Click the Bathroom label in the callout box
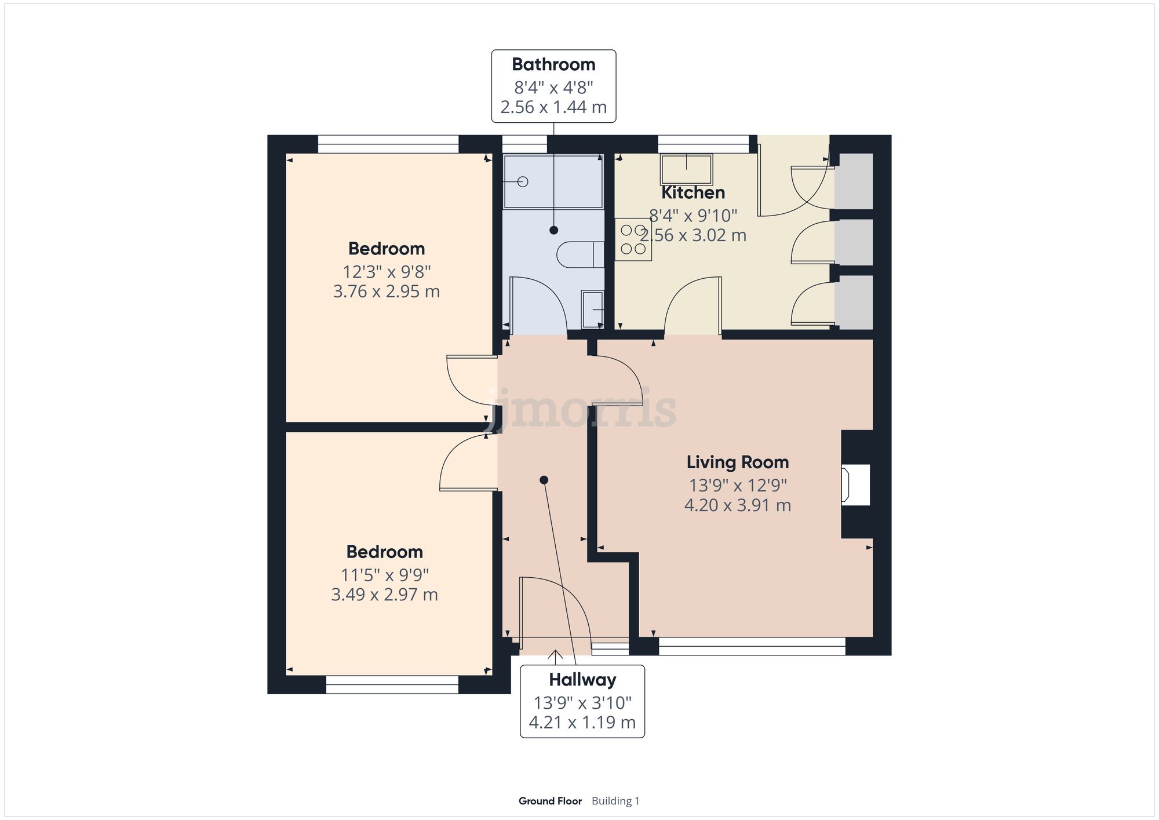pyautogui.click(x=553, y=64)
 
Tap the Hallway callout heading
pyautogui.click(x=582, y=680)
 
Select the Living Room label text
pyautogui.click(x=737, y=462)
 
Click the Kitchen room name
pyautogui.click(x=693, y=192)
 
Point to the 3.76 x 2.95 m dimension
pyautogui.click(x=387, y=291)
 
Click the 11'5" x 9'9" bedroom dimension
pyautogui.click(x=385, y=575)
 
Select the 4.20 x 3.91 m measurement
pyautogui.click(x=737, y=505)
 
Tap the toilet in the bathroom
pyautogui.click(x=580, y=255)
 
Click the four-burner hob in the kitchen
pyautogui.click(x=633, y=239)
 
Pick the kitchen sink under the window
pyautogui.click(x=686, y=169)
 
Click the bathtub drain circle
pyautogui.click(x=523, y=182)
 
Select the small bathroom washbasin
pyautogui.click(x=592, y=309)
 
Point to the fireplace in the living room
pyautogui.click(x=856, y=484)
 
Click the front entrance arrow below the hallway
pyautogui.click(x=555, y=657)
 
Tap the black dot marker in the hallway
pyautogui.click(x=544, y=480)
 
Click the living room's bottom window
pyautogui.click(x=752, y=646)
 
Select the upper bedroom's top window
pyautogui.click(x=388, y=144)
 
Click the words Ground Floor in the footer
pyautogui.click(x=549, y=801)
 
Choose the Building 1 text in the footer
pyautogui.click(x=615, y=801)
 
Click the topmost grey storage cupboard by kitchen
pyautogui.click(x=854, y=181)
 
